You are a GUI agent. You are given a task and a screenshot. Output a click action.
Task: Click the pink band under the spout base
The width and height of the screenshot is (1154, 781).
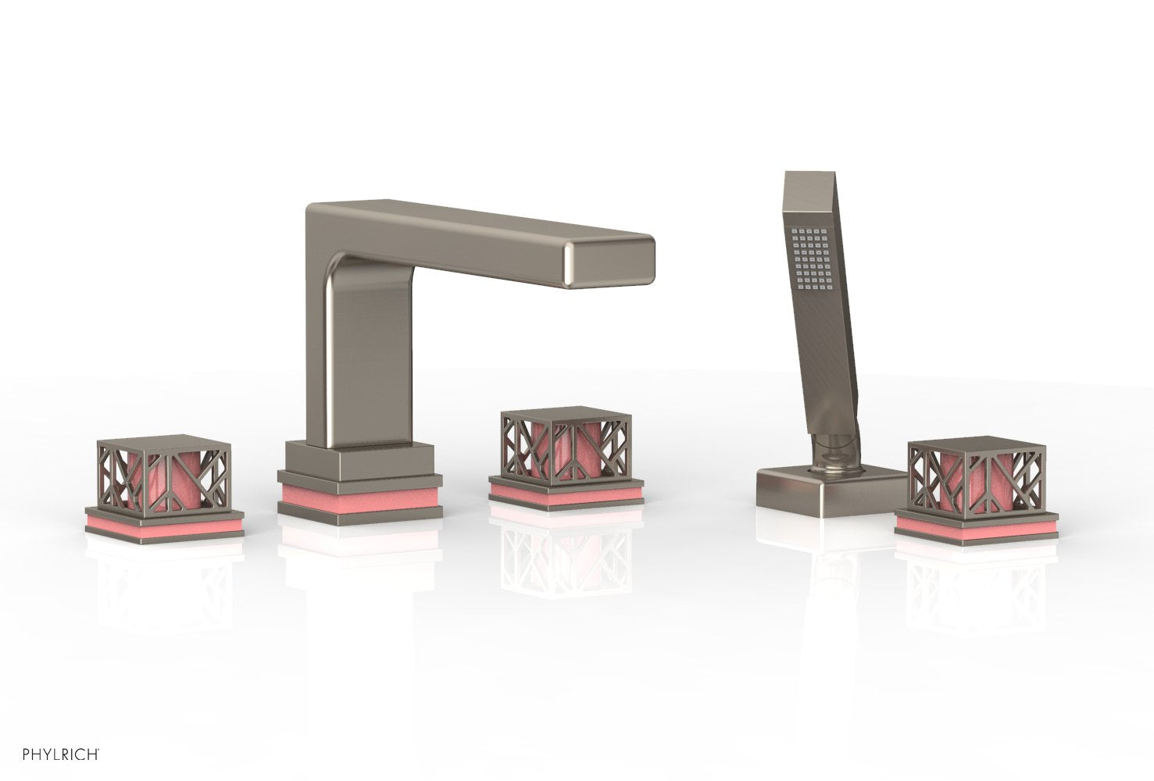click(360, 496)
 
